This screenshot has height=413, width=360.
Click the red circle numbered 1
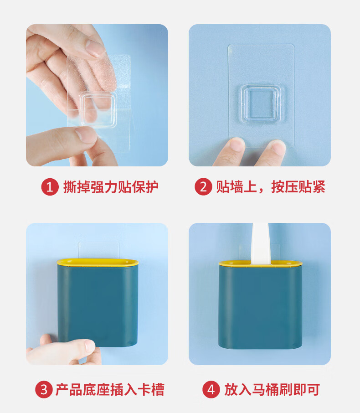coord(50,187)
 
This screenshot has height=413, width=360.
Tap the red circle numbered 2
coord(203,187)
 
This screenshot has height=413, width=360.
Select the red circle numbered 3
coord(44,390)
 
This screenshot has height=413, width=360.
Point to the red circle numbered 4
coord(211,390)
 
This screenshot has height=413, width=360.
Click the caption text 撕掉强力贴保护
coord(111,187)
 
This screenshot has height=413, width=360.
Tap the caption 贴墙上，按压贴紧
coord(271,187)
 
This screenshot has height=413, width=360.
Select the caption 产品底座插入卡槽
coord(110,390)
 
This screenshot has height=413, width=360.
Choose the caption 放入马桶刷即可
coord(273,390)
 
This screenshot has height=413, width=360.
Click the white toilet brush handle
coord(261,243)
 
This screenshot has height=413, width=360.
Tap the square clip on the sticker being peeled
coord(98,110)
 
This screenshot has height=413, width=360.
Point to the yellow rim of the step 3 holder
coord(98,262)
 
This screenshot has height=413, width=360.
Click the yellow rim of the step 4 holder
coord(261,263)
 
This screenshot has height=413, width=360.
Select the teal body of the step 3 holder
coord(98,305)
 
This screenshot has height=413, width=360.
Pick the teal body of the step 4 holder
coord(261,307)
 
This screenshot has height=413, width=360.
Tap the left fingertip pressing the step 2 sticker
coord(236,145)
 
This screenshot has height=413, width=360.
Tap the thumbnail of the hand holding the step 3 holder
coord(89,346)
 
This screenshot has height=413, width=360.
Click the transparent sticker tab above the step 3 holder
coord(99,250)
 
